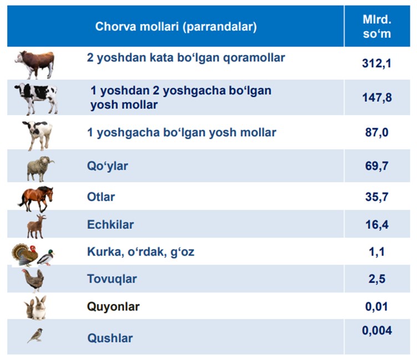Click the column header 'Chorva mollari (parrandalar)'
coord(176,27)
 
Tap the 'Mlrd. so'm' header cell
coord(377,27)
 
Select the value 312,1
coord(377,63)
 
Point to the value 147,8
coord(377,98)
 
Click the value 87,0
coord(377,132)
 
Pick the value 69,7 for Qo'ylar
coord(377,166)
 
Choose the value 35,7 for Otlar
coord(377,197)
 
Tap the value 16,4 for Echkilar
coord(377,225)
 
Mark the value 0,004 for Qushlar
coord(377,331)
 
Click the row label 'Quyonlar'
coord(113,307)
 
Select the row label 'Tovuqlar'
coord(112,279)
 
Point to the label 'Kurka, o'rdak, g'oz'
coord(141,252)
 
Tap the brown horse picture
coord(36,199)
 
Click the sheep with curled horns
coord(40,169)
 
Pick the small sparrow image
coord(35,335)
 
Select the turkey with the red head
coord(25,255)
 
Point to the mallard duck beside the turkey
coord(45,257)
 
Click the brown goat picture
coord(36,226)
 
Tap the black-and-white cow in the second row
coord(37,98)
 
